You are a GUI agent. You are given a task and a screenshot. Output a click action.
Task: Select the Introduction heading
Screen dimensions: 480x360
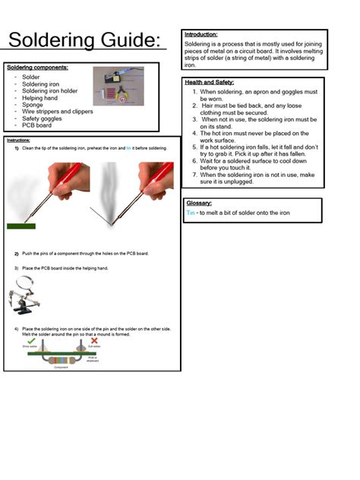[x=201, y=35]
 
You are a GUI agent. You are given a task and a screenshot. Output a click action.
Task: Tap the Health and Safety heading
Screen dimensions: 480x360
[x=210, y=82]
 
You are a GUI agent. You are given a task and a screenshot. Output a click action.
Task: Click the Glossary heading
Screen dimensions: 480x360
[x=199, y=204]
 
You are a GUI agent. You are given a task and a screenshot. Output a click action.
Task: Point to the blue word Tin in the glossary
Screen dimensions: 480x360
[x=191, y=213]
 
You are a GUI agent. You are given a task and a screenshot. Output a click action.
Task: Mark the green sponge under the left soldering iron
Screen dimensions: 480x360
[x=21, y=226]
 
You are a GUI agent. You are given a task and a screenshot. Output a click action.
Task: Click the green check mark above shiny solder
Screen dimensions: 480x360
[x=30, y=340]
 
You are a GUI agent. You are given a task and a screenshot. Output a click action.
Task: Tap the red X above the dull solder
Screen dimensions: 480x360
[x=94, y=340]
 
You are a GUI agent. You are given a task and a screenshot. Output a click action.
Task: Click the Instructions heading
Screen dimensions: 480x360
[x=18, y=141]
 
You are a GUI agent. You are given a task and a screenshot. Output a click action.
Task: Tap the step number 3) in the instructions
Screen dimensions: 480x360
[x=16, y=268]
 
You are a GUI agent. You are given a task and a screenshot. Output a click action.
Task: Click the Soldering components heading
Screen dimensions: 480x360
[x=37, y=68]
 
